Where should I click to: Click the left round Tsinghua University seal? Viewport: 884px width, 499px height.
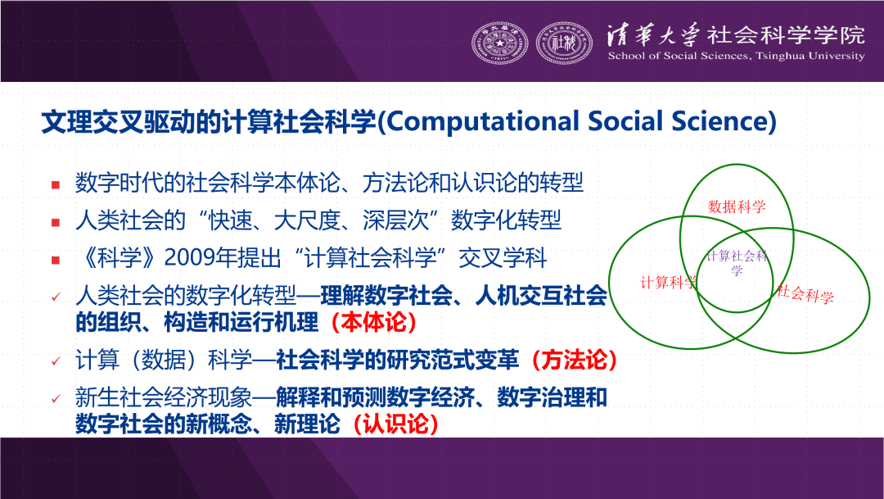[x=499, y=43]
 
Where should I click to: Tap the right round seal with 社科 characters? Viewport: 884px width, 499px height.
[x=564, y=43]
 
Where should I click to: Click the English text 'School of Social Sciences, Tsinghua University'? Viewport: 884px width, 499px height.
[x=736, y=56]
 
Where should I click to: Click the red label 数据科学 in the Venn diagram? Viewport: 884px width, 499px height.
[x=737, y=206]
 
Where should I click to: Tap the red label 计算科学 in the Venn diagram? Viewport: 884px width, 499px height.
[x=668, y=282]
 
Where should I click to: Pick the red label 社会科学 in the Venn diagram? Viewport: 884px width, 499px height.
[x=805, y=293]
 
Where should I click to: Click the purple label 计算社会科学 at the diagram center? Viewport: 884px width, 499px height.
[x=737, y=262]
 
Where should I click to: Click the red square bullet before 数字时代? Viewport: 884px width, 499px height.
[x=56, y=184]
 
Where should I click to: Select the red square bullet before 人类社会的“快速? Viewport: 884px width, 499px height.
[x=56, y=222]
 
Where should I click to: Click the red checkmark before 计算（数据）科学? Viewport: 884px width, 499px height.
[x=56, y=361]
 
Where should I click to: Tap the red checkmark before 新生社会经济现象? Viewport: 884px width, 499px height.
[x=56, y=398]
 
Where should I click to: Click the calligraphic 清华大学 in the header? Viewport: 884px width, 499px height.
[x=653, y=35]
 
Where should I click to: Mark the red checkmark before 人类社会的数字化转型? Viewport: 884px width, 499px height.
[x=56, y=297]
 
